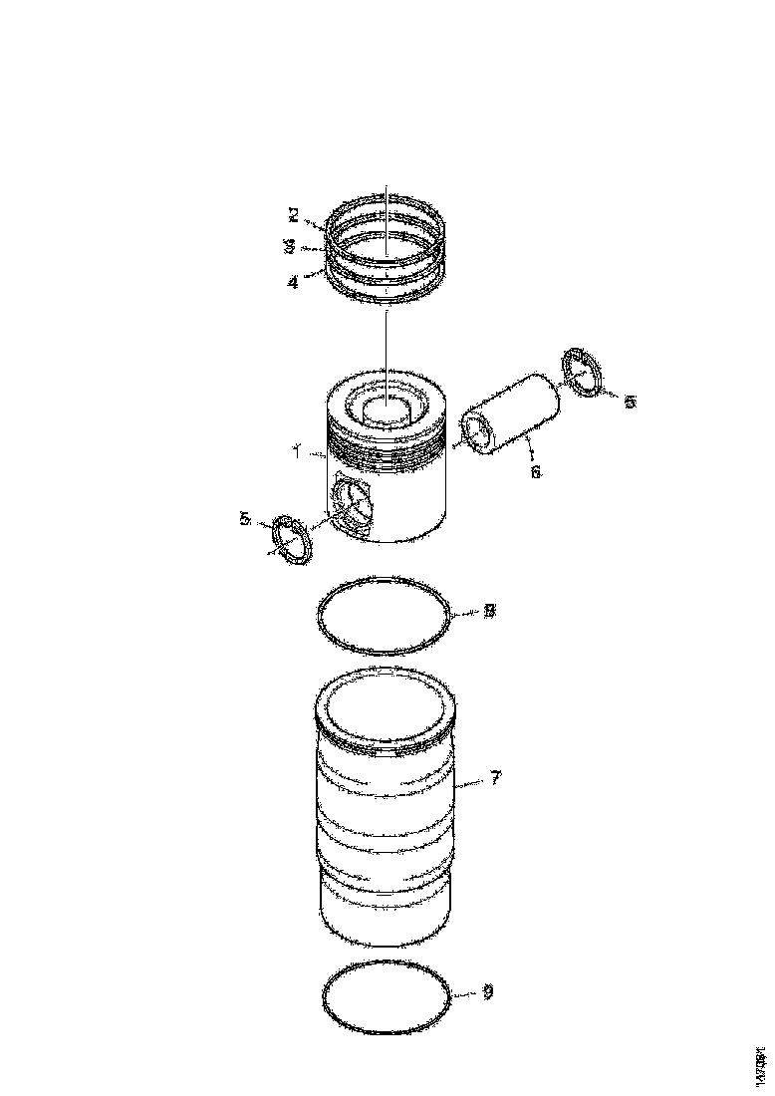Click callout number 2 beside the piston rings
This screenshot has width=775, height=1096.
pyautogui.click(x=293, y=213)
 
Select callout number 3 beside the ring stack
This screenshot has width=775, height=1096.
pyautogui.click(x=289, y=245)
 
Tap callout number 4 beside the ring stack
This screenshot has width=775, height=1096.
pyautogui.click(x=292, y=282)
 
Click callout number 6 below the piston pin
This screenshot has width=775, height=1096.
pyautogui.click(x=535, y=471)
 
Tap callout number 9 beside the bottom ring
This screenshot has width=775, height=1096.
pyautogui.click(x=486, y=993)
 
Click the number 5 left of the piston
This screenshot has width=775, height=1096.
pyautogui.click(x=244, y=519)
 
